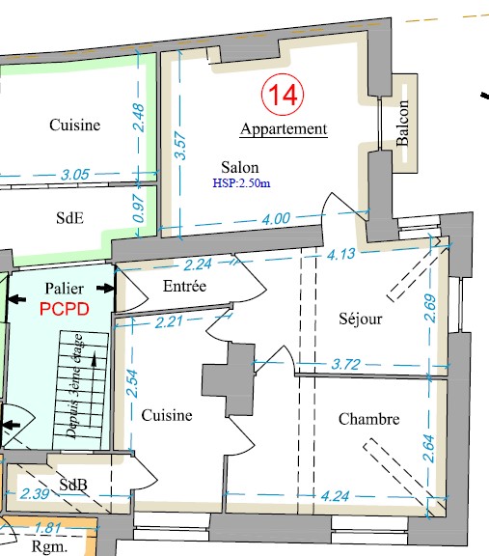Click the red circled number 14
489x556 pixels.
(x=283, y=95)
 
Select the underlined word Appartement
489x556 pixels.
(x=284, y=129)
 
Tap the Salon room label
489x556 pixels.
(x=240, y=167)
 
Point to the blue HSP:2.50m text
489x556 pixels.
(x=241, y=183)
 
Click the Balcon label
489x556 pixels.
(x=402, y=123)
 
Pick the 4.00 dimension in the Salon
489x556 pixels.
(x=276, y=218)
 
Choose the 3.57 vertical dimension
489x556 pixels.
(x=180, y=146)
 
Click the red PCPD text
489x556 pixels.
(x=64, y=309)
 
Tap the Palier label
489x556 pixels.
(x=64, y=289)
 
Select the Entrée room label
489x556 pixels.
(x=184, y=286)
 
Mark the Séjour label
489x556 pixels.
(x=361, y=319)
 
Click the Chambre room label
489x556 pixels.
(x=368, y=419)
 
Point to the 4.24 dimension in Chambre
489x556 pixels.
(x=336, y=496)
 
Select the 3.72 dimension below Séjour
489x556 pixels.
(x=346, y=364)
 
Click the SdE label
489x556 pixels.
(x=69, y=218)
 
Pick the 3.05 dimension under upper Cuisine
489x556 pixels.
(x=75, y=175)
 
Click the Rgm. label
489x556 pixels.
(x=49, y=547)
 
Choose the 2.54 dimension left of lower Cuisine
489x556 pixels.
(x=132, y=383)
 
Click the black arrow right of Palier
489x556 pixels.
(x=105, y=288)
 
